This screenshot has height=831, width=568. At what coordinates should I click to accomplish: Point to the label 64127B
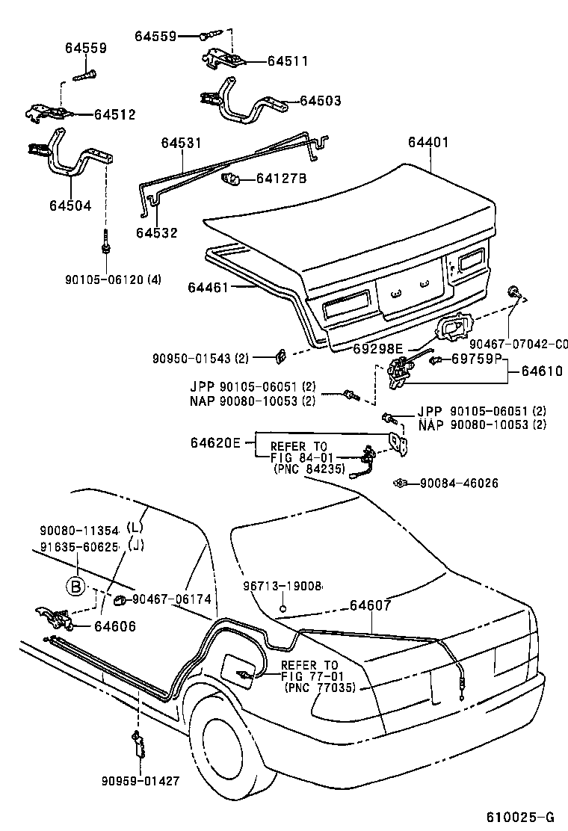point(282,179)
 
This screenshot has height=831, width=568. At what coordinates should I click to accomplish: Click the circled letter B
point(75,587)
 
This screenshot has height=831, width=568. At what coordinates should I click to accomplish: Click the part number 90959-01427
point(141,781)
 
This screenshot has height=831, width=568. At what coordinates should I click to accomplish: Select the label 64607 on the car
point(370,606)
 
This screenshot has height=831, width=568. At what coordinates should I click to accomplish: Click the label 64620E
point(215,443)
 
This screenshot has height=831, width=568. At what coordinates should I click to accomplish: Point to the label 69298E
point(377,347)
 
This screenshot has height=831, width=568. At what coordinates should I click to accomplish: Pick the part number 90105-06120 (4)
point(113,279)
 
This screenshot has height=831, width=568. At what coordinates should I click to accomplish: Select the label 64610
point(542,370)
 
